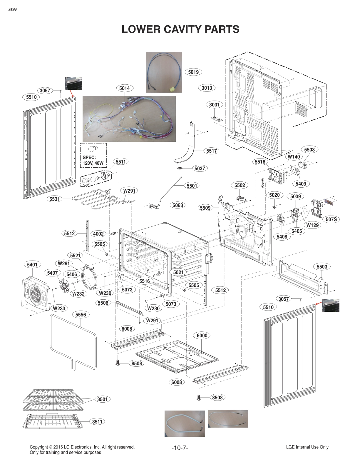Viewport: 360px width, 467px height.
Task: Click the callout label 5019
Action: [193, 72]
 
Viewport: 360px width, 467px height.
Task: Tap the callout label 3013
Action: [207, 88]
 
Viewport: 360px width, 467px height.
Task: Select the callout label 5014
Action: [125, 88]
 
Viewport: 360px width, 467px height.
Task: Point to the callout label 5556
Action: [81, 315]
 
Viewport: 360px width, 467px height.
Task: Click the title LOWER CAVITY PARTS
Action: [180, 29]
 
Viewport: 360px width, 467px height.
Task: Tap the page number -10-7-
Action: [180, 448]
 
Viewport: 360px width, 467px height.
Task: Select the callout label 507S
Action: [331, 219]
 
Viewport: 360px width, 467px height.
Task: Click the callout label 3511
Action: [97, 422]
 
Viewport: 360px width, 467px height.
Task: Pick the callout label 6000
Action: [202, 336]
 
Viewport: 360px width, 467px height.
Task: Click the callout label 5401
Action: [32, 265]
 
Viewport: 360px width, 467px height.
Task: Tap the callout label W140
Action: [294, 157]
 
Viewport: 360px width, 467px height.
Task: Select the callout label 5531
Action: [54, 199]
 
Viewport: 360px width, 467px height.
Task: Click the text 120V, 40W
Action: [93, 163]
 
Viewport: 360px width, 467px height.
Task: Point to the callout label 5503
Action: [322, 267]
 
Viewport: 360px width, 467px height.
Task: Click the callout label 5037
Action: [200, 169]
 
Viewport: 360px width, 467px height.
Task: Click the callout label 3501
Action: [103, 399]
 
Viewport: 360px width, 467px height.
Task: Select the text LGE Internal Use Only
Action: [307, 447]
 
